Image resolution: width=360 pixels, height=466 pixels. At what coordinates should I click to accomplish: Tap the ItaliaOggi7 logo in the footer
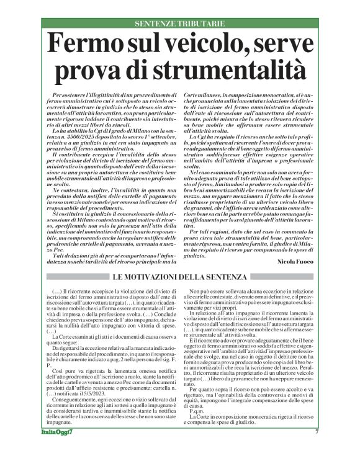coord(55,449)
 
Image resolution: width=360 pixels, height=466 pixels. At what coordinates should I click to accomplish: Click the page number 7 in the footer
coord(317,449)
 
